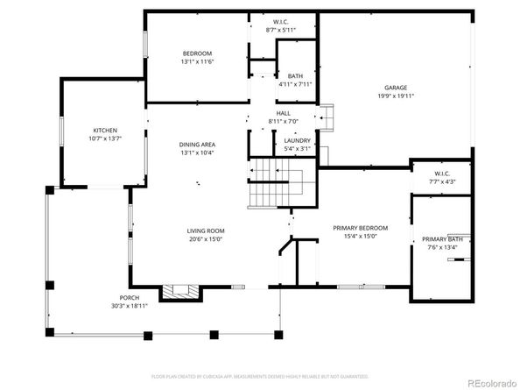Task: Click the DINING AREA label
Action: point(197,145)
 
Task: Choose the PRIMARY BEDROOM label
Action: point(360,228)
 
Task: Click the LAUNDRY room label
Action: point(297,140)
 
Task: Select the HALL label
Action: point(283,113)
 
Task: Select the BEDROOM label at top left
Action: point(197,53)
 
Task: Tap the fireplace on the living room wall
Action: point(182,292)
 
